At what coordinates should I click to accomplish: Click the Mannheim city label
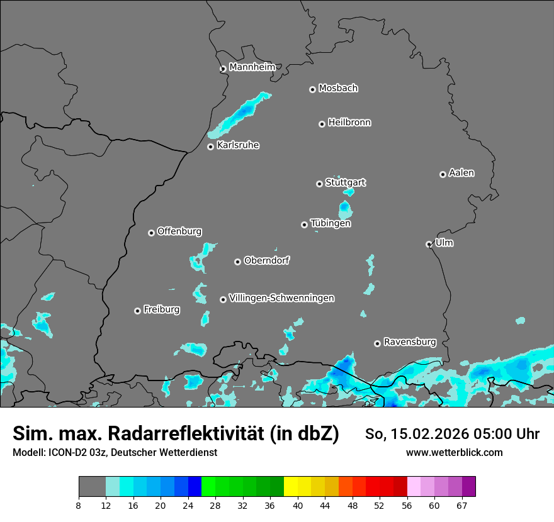click(252, 67)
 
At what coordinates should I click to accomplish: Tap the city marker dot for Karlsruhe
click(210, 147)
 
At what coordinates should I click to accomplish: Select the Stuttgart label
click(345, 183)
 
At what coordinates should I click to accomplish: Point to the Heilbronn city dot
click(322, 124)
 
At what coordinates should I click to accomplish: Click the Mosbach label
click(338, 89)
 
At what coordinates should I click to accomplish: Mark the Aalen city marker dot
click(443, 174)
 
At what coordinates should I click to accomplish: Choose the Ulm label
click(444, 243)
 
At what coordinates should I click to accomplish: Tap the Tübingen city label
click(331, 223)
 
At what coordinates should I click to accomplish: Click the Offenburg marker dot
click(151, 233)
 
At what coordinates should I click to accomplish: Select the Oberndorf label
click(266, 260)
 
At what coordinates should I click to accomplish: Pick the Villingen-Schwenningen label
click(281, 298)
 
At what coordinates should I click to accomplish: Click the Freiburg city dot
click(137, 311)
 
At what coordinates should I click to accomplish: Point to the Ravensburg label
click(409, 342)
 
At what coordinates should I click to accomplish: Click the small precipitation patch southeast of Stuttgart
click(345, 208)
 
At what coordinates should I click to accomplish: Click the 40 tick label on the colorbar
click(298, 505)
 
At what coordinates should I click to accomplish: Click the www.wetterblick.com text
click(454, 453)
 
